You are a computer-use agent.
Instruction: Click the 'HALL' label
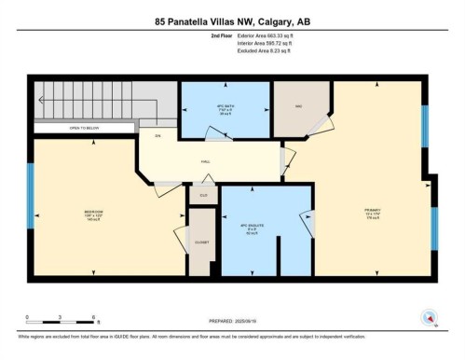205,161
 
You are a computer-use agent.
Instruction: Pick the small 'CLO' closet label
203,195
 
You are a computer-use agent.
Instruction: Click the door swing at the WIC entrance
321,126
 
